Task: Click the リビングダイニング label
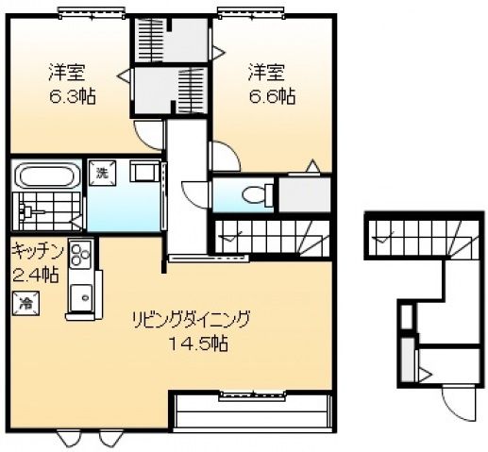click(194, 317)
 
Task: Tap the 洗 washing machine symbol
click(100, 172)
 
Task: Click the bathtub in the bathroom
click(45, 176)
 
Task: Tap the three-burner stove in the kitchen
click(79, 253)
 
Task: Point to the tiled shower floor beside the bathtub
click(45, 209)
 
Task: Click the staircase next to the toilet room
click(270, 235)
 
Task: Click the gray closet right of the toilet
click(305, 193)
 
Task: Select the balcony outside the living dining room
click(253, 412)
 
